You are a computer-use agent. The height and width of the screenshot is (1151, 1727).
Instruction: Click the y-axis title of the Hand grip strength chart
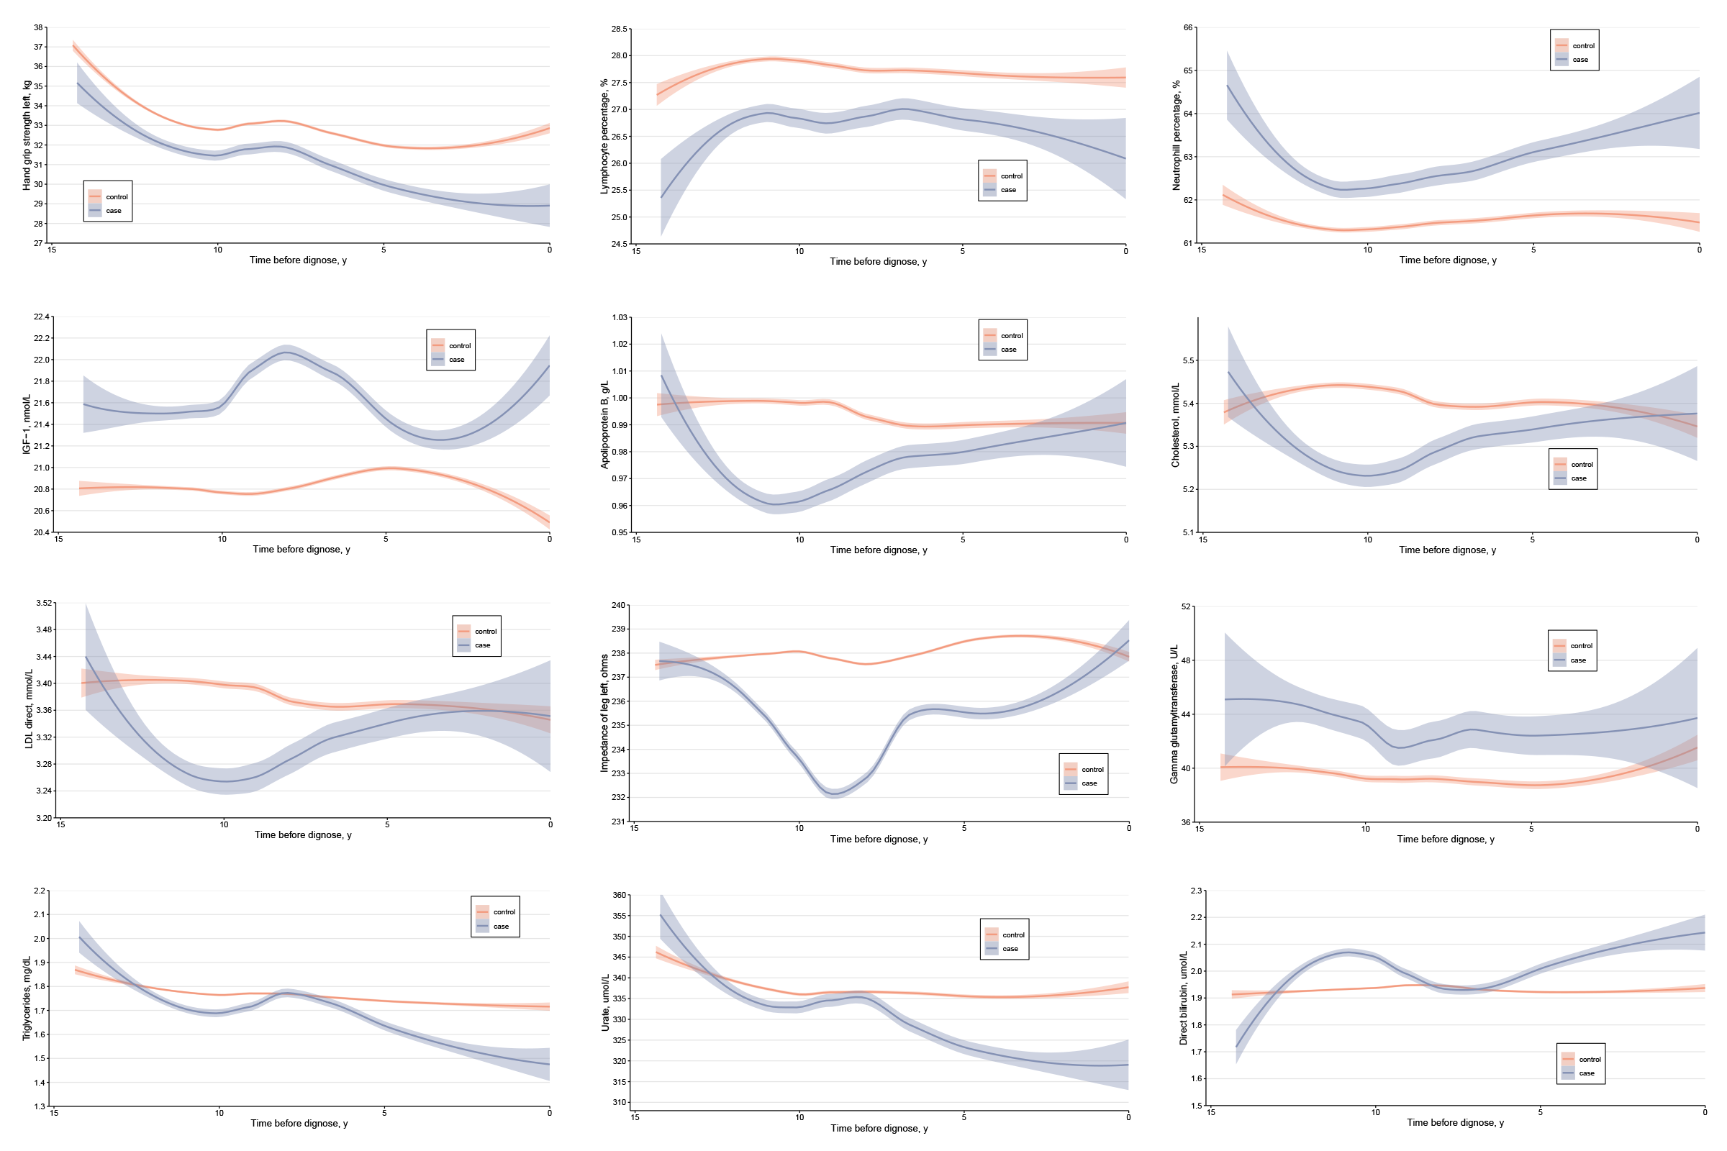point(27,135)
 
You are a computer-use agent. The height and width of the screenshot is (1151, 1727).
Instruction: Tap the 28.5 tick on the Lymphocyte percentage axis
point(619,29)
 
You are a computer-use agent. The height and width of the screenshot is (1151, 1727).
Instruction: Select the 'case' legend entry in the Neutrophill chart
point(1580,60)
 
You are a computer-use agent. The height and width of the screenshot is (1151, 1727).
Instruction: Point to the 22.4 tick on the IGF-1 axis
point(41,317)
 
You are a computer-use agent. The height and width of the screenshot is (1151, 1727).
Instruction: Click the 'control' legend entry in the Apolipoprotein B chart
point(1011,335)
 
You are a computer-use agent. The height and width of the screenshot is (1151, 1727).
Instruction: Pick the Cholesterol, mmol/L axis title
point(1175,425)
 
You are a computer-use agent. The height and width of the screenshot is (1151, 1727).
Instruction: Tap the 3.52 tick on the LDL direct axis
point(44,603)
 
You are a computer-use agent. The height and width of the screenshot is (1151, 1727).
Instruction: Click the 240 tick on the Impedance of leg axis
point(618,605)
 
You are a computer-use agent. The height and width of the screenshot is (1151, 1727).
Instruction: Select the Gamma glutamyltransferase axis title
point(1174,714)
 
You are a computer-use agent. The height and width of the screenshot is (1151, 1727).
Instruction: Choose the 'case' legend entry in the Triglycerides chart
point(501,927)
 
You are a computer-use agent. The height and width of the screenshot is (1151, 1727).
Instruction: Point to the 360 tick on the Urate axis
point(619,895)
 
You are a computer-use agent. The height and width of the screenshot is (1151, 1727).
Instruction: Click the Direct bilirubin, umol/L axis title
point(1183,998)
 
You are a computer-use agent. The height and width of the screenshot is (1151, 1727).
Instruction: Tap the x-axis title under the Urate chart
point(879,1128)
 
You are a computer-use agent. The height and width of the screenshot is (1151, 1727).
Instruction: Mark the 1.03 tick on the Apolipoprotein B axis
point(619,317)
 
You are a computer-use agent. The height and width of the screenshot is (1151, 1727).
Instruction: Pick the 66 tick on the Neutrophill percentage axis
point(1187,27)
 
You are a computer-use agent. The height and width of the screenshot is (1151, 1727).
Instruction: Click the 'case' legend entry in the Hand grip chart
point(113,211)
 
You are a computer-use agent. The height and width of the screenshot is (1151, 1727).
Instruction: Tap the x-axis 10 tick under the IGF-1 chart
point(222,539)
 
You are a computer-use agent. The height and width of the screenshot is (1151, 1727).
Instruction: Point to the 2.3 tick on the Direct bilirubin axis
point(1196,891)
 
